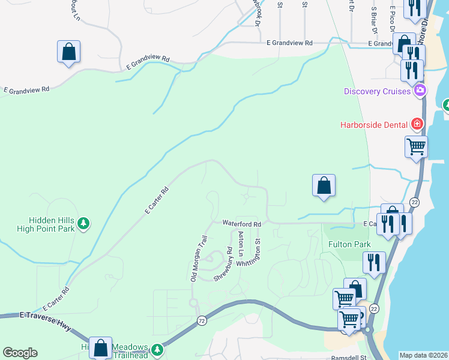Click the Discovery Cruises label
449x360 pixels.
coord(378,91)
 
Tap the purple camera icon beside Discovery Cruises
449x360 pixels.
coord(420,91)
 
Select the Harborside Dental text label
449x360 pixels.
coord(373,124)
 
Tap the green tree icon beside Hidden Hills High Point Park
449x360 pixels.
coord(84,224)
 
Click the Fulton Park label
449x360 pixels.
coord(349,244)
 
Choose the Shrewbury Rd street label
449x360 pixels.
coord(223,263)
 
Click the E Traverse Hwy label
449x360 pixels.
coord(45,315)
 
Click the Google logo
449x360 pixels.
coord(20,353)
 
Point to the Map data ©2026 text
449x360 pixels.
coord(423,355)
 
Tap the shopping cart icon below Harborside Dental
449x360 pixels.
coord(416,146)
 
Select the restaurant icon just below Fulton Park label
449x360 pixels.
coord(374,262)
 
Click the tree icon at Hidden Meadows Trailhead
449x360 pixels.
coord(157,349)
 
